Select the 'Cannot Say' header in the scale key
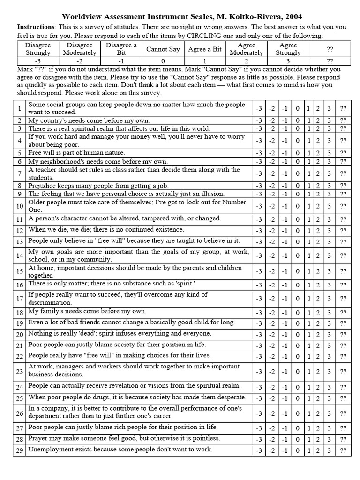pyautogui.click(x=163, y=49)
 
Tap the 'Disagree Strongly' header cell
pyautogui.click(x=38, y=49)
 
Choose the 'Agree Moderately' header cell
pyautogui.click(x=247, y=49)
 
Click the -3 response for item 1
pyautogui.click(x=259, y=108)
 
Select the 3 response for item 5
pyautogui.click(x=329, y=153)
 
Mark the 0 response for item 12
pyautogui.click(x=297, y=230)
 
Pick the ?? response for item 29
pyautogui.click(x=344, y=450)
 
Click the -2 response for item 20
pyautogui.click(x=272, y=334)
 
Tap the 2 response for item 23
pyautogui.click(x=318, y=371)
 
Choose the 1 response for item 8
pyautogui.click(x=308, y=186)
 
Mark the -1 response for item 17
pyautogui.click(x=284, y=299)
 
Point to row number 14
pyautogui.click(x=19, y=255)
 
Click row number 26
pyautogui.click(x=19, y=413)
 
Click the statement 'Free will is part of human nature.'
pyautogui.click(x=76, y=153)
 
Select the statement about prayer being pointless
pyautogui.click(x=124, y=438)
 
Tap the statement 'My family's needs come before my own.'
pyautogui.click(x=87, y=311)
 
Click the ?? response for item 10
pyautogui.click(x=344, y=206)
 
